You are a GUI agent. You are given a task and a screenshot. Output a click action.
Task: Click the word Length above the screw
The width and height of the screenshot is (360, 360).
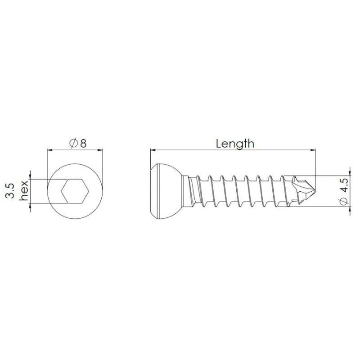235,144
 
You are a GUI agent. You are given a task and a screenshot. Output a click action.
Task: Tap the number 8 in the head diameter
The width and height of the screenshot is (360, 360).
83,144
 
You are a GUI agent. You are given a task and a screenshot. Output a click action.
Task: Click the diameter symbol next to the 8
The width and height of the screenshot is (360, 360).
73,144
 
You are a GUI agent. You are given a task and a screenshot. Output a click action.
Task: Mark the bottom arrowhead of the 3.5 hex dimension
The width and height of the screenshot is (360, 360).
30,207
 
